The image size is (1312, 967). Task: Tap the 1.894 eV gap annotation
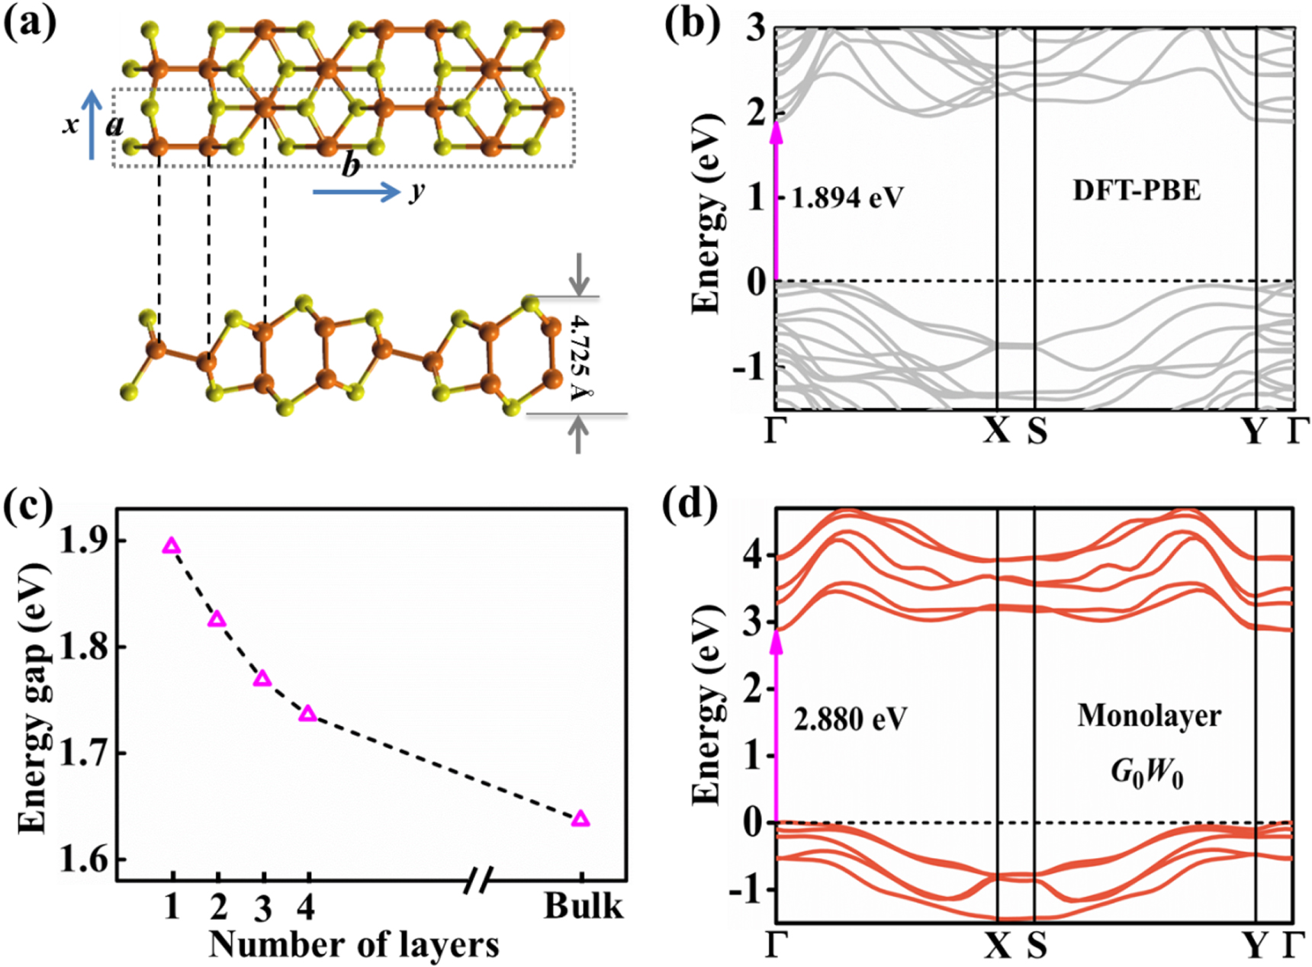(847, 198)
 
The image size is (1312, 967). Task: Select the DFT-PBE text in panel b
(1137, 190)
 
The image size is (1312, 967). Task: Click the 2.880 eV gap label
(850, 719)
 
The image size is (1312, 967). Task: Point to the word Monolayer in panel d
(1149, 716)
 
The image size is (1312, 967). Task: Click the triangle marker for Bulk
(580, 819)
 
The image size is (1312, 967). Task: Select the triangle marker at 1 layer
(172, 546)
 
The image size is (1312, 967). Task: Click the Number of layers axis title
(354, 944)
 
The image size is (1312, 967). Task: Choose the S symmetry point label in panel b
(1037, 432)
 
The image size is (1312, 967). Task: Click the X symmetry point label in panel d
(996, 946)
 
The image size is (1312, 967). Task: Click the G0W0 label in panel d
(1146, 773)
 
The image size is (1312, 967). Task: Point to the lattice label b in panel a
(350, 165)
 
